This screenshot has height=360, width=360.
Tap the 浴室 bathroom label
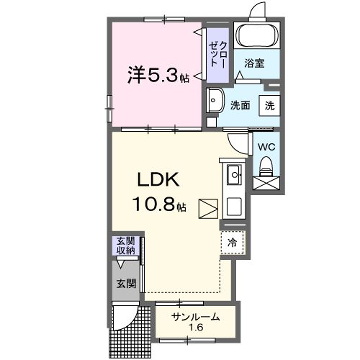(x=256, y=64)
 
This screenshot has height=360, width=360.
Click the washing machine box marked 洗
(x=269, y=103)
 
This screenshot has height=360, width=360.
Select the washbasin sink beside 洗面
(x=215, y=100)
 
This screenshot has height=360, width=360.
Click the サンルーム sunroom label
(x=196, y=317)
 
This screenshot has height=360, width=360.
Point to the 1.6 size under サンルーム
(x=196, y=330)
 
